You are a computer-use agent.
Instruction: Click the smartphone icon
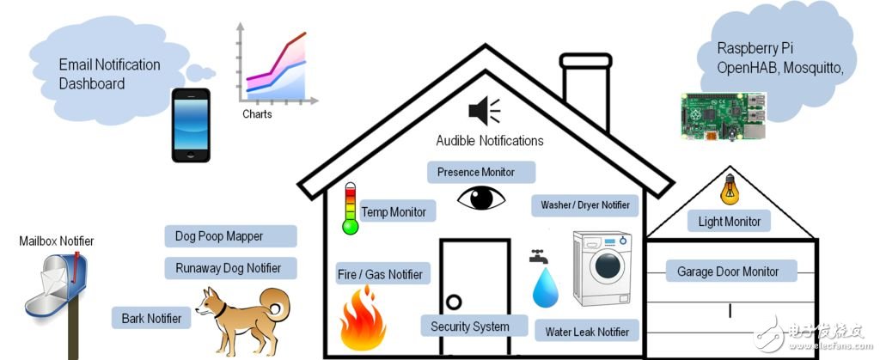[x=190, y=125]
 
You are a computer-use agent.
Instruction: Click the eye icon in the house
[x=481, y=198]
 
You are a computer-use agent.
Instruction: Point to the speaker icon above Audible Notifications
[x=483, y=111]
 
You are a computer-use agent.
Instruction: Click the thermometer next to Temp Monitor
[x=350, y=209]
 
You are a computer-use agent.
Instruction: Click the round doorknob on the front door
[x=453, y=302]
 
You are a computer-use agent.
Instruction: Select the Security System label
[x=470, y=326]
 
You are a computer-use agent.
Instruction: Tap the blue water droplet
[x=546, y=288]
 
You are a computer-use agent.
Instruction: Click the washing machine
[x=602, y=269]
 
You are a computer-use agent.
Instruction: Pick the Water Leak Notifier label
[x=588, y=332]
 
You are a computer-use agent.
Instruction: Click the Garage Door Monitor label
[x=728, y=272]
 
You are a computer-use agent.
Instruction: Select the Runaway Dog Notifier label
[x=229, y=268]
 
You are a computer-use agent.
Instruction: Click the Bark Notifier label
[x=151, y=319]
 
